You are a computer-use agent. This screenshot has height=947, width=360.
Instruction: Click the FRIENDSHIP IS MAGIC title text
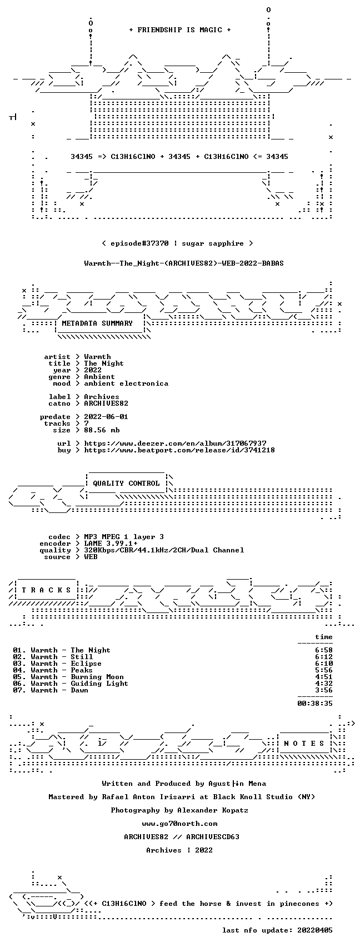(x=179, y=29)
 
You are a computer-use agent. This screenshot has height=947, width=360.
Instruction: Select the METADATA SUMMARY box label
(x=97, y=323)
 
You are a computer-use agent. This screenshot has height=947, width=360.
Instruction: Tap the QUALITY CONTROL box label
(x=126, y=483)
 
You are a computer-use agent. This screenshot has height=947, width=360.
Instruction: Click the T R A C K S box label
(x=46, y=590)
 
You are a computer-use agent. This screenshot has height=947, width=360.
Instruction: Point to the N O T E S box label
(x=304, y=743)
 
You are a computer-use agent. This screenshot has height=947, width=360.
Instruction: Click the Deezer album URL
(x=175, y=443)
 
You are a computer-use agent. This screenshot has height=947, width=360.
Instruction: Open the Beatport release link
(x=179, y=450)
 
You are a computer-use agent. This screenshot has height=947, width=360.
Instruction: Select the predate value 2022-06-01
(x=106, y=417)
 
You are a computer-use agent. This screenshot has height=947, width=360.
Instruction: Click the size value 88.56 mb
(x=102, y=430)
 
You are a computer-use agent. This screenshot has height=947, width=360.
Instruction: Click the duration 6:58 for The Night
(x=324, y=650)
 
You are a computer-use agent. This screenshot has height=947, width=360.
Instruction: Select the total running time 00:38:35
(x=315, y=704)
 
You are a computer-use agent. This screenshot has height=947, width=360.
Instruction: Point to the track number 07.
(x=18, y=690)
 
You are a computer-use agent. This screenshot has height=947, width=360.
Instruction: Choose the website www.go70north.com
(x=179, y=824)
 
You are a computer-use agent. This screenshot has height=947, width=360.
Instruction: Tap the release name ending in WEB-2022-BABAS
(x=184, y=263)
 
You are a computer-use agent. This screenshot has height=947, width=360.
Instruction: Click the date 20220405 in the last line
(x=315, y=930)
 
